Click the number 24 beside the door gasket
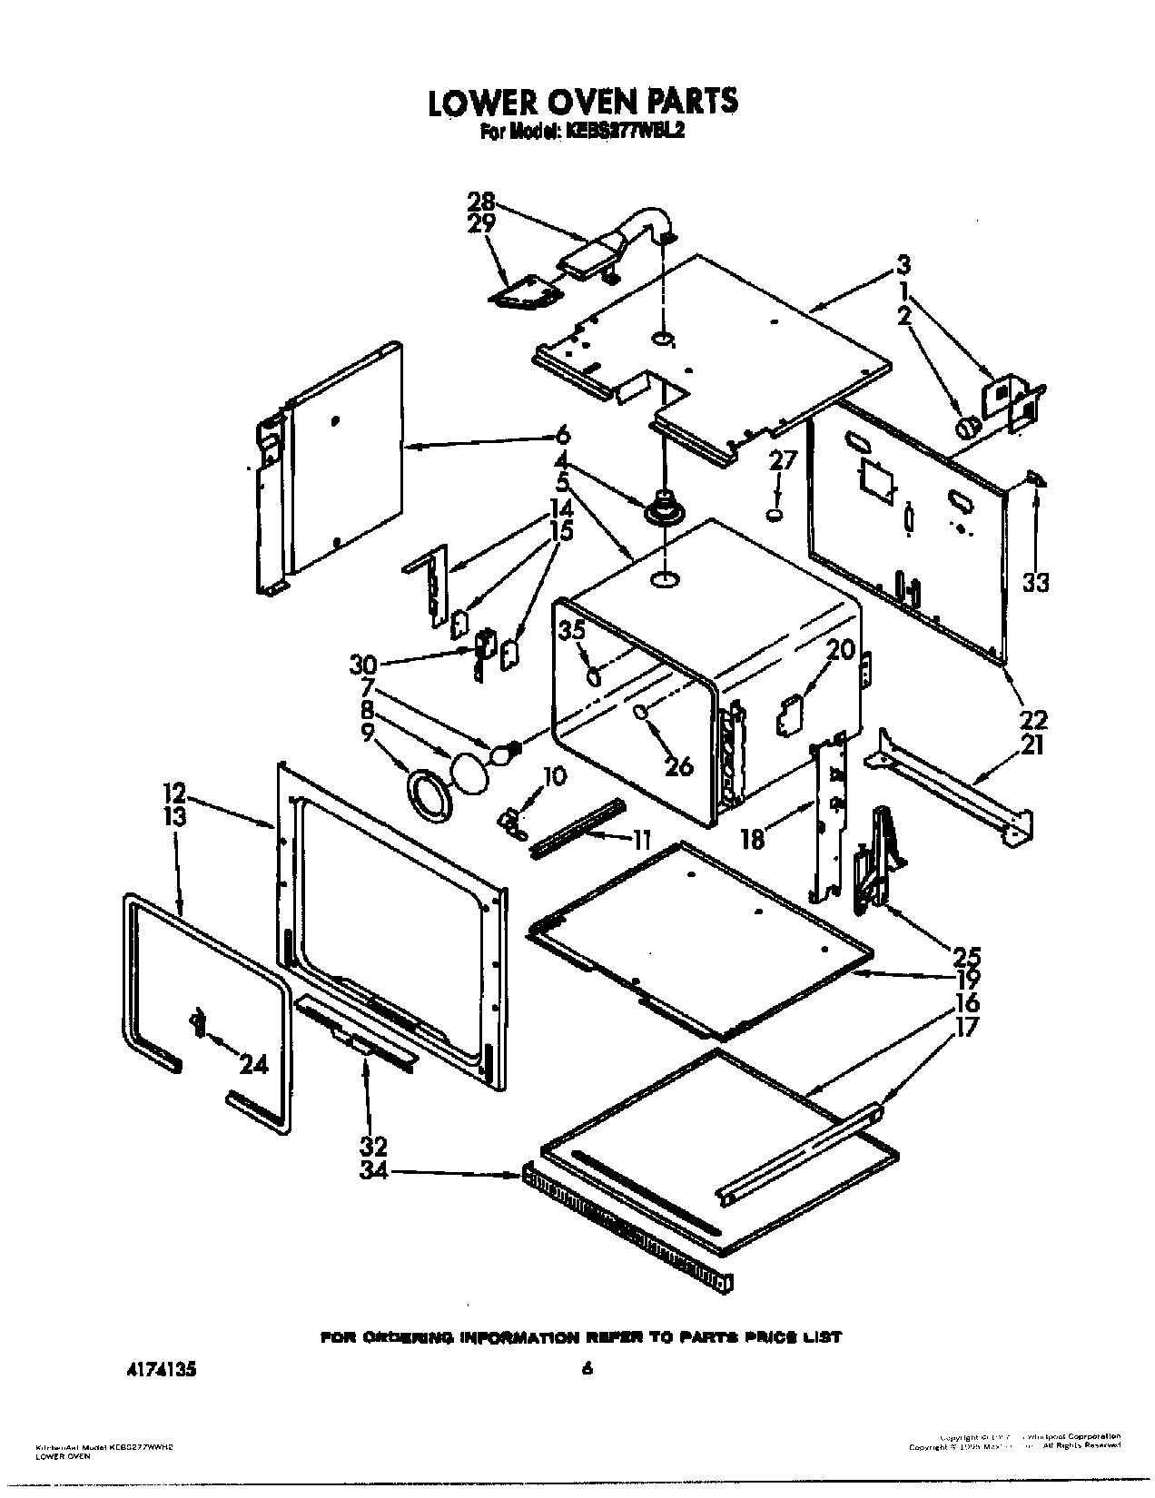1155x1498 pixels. tap(253, 1064)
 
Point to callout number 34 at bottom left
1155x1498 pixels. tap(373, 1171)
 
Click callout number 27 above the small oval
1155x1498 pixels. tap(782, 460)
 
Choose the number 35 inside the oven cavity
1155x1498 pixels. tap(572, 630)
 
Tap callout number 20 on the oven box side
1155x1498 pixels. tap(841, 649)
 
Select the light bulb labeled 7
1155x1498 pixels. tap(503, 753)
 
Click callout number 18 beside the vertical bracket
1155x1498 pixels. tap(753, 840)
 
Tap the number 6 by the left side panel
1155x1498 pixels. tap(561, 433)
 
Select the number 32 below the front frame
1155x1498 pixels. tap(374, 1145)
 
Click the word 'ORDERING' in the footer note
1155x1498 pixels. tap(410, 1337)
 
